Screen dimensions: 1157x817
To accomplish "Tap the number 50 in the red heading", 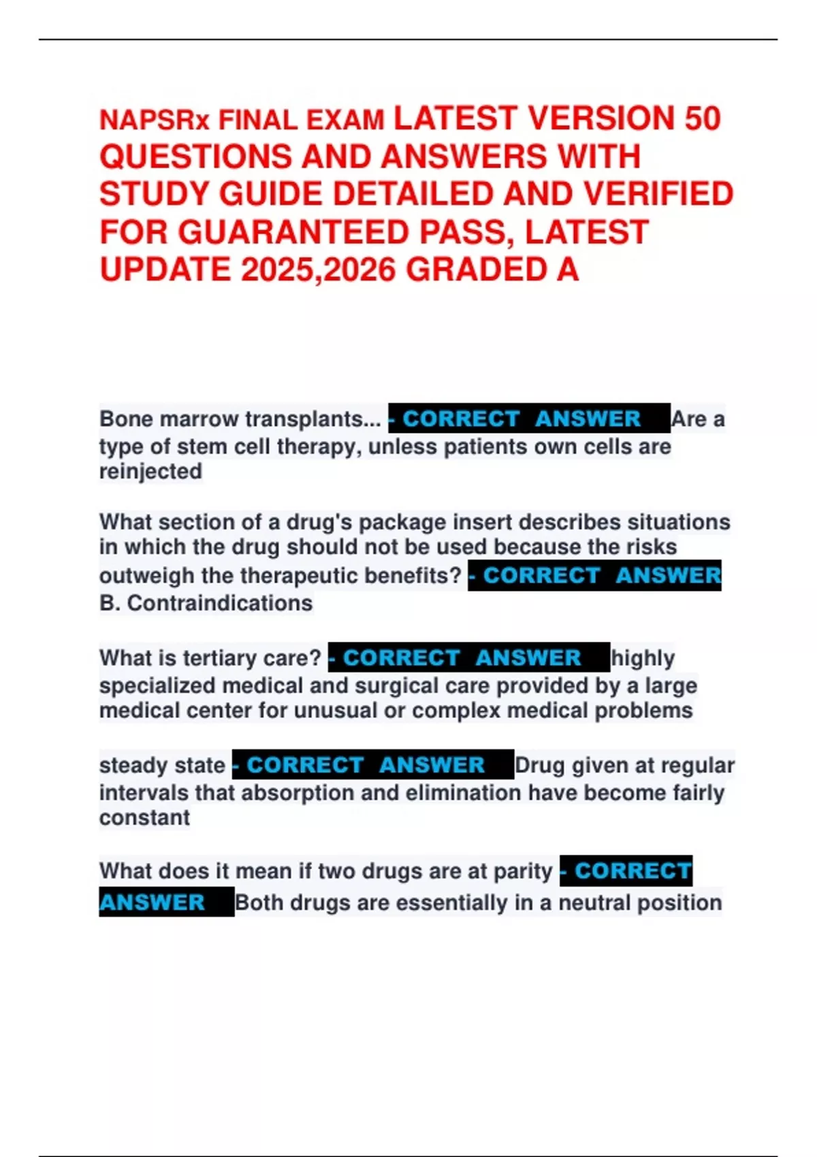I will pyautogui.click(x=702, y=118).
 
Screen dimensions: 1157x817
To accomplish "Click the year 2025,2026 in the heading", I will pyautogui.click(x=318, y=270).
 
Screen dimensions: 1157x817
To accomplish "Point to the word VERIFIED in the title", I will pyautogui.click(x=658, y=194).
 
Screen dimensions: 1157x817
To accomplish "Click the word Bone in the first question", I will pyautogui.click(x=125, y=419).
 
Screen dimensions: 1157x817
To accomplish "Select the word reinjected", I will pyautogui.click(x=150, y=471).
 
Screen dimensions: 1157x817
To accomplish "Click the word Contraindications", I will pyautogui.click(x=219, y=603).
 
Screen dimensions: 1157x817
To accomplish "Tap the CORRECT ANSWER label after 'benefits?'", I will pyautogui.click(x=594, y=576).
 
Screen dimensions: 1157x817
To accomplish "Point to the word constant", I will pyautogui.click(x=144, y=817).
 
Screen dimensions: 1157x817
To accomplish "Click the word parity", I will pyautogui.click(x=522, y=871).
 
